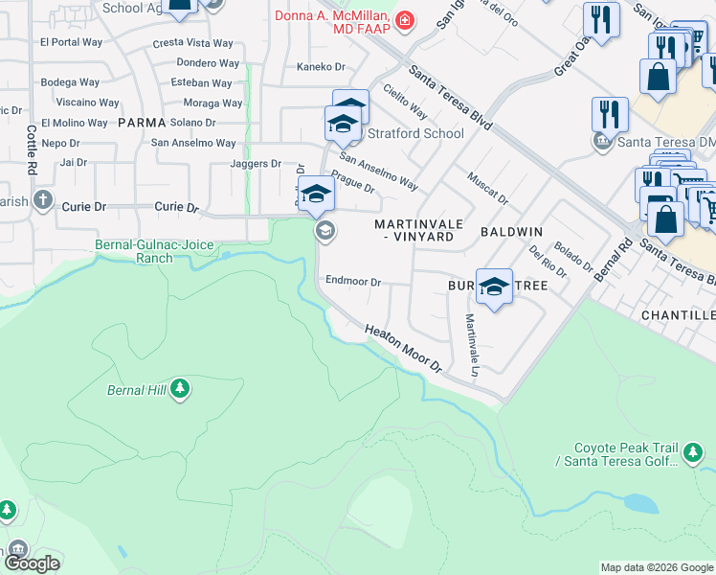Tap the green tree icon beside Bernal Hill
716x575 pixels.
click(x=180, y=389)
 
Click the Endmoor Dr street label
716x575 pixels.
click(x=354, y=282)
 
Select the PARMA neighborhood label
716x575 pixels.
click(x=143, y=123)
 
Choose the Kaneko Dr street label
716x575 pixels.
click(x=321, y=67)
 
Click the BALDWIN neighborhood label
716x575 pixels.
click(x=511, y=232)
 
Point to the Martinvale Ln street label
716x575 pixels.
click(x=471, y=344)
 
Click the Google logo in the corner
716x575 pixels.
click(x=32, y=563)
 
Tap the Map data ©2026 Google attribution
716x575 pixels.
click(x=656, y=567)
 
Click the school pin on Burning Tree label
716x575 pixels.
click(x=494, y=287)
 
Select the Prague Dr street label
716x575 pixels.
click(x=352, y=181)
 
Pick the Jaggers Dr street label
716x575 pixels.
click(x=256, y=164)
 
